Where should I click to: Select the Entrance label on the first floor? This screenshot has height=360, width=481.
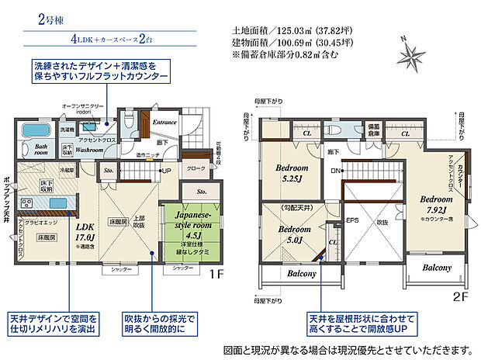(164, 123)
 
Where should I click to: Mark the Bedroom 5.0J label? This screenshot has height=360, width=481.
(294, 234)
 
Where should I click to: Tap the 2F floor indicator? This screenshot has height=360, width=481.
(459, 295)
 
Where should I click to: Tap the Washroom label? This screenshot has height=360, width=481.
(91, 149)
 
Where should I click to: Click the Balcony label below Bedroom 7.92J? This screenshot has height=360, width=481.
(438, 268)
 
